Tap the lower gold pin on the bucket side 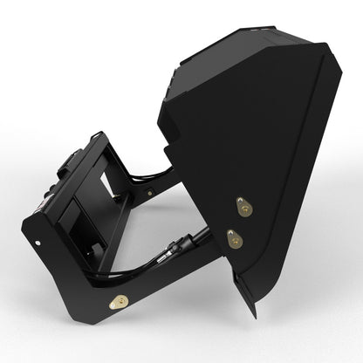(233, 235)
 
